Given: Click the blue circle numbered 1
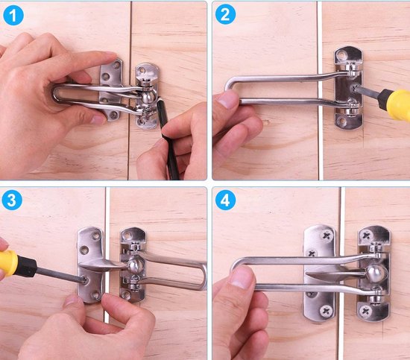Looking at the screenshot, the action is (13, 15).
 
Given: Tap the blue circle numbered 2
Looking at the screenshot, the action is (225, 14).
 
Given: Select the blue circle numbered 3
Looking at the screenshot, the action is (12, 200).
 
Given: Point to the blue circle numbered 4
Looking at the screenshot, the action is (225, 200).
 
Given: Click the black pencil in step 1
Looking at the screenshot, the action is (167, 139).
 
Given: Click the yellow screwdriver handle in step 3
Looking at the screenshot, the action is (8, 263).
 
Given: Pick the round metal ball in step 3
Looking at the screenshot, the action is (136, 266).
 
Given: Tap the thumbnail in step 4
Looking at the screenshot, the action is (241, 277).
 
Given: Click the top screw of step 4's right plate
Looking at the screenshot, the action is (367, 236).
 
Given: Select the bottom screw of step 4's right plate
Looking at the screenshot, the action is (366, 311).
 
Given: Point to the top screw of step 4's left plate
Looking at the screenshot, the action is (327, 236).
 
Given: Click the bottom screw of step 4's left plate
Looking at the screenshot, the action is (326, 311).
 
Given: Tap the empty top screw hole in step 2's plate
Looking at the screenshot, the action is (341, 55).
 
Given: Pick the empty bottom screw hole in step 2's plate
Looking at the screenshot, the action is (341, 121).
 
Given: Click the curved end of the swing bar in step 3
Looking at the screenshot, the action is (203, 276).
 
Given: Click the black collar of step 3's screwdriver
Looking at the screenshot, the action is (27, 266).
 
